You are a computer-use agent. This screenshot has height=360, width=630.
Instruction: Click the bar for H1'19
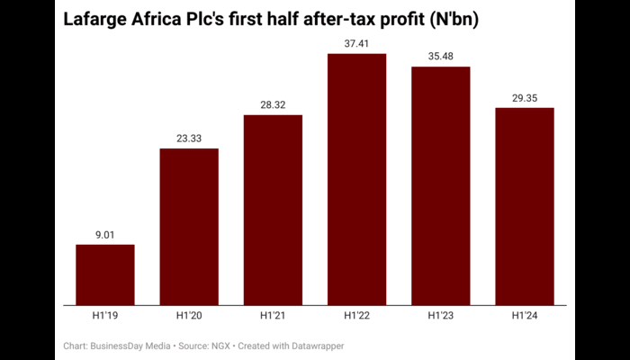click(105, 274)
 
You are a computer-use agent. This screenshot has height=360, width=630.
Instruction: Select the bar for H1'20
click(189, 227)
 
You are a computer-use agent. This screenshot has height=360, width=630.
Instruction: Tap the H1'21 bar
click(273, 210)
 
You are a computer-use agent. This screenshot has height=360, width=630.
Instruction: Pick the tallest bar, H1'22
click(357, 179)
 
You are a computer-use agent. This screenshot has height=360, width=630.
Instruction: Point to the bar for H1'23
click(441, 185)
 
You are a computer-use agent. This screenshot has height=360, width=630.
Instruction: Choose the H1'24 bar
click(525, 206)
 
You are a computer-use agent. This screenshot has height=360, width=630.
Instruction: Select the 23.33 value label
click(189, 139)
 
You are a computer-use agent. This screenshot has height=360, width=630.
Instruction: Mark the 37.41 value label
click(357, 44)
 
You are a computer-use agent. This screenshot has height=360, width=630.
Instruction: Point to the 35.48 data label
click(441, 58)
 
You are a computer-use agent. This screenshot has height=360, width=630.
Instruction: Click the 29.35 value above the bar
click(525, 99)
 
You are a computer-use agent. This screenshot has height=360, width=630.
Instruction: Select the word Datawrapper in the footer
click(315, 346)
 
